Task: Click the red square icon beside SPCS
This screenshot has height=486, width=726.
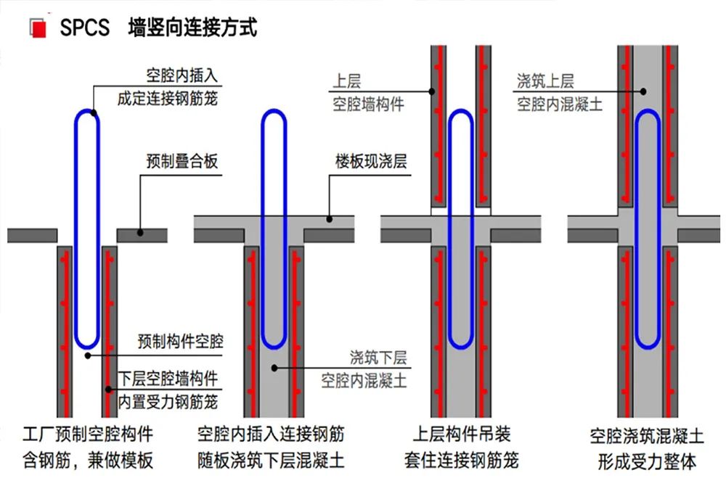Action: pos(39,28)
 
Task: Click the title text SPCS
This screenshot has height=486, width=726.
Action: pos(85,28)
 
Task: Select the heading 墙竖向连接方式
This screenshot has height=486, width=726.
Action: pos(192,28)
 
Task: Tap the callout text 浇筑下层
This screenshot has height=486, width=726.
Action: pos(378,357)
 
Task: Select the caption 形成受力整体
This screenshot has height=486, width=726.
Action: pos(647,461)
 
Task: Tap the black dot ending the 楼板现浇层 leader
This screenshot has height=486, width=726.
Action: pos(329,218)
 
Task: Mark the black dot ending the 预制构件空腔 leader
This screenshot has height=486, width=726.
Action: pos(87,355)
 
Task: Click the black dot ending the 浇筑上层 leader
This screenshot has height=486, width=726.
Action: pos(645,91)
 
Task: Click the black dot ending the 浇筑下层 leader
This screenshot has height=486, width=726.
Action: pos(275,368)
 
